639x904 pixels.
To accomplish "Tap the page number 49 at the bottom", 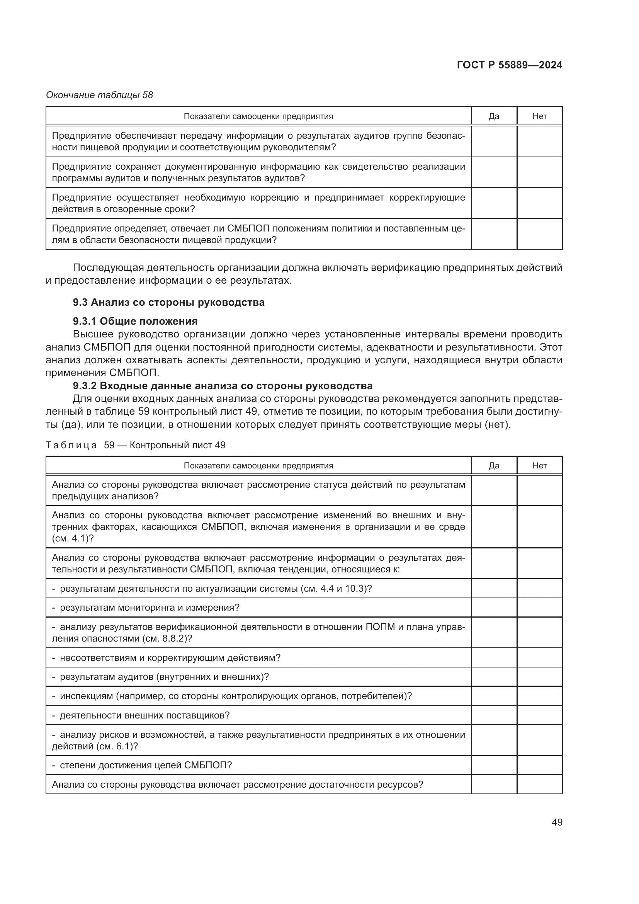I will [557, 822].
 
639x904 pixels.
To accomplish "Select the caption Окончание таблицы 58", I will [100, 95].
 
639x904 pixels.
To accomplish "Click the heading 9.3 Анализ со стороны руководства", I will [168, 302].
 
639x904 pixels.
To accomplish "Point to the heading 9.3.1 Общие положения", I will [135, 321].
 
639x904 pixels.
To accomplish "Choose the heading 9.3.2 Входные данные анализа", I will [222, 385].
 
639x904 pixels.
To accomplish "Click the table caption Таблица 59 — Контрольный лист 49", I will [135, 445].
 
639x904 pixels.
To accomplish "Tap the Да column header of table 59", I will [494, 465].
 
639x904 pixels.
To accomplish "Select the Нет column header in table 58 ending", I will [539, 116].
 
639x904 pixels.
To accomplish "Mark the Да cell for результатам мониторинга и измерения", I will [494, 608].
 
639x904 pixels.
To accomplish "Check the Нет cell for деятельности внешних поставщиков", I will [539, 715].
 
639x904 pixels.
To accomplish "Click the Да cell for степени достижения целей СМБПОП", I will [494, 765].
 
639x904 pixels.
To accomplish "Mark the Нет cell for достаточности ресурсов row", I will [539, 784].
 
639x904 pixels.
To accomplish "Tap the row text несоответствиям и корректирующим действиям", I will [170, 657].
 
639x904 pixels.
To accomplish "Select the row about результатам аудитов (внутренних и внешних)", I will [164, 677].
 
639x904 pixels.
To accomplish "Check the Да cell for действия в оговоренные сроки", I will [494, 203].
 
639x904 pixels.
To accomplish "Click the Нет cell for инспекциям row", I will [539, 696].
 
